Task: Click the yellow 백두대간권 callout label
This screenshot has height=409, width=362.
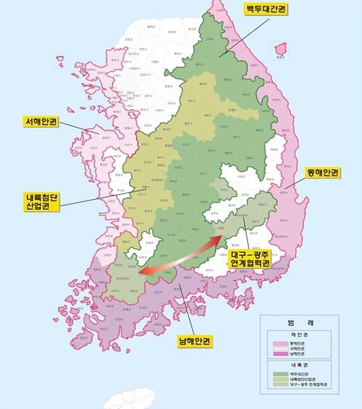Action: tap(265, 9)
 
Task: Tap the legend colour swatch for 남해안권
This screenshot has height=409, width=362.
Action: tap(279, 355)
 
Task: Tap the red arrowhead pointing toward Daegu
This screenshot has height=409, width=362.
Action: tap(218, 238)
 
